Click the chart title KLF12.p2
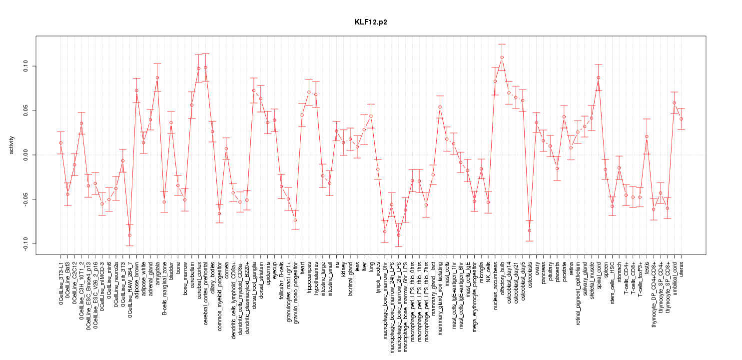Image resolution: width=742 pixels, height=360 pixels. [371, 22]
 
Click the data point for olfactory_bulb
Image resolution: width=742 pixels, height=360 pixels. [502, 57]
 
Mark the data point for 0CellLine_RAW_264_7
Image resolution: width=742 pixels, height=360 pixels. [130, 235]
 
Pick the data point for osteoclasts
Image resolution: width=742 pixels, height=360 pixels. [530, 230]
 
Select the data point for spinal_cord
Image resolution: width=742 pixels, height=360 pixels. [599, 77]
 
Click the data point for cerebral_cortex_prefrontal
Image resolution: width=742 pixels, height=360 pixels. [205, 67]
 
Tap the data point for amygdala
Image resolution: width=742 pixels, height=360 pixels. [157, 77]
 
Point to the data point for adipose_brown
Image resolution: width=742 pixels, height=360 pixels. [136, 90]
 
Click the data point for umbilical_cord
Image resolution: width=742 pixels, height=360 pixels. [675, 103]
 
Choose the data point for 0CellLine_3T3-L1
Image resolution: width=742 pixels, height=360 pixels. [61, 143]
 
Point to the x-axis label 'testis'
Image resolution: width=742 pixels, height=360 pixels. [647, 268]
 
